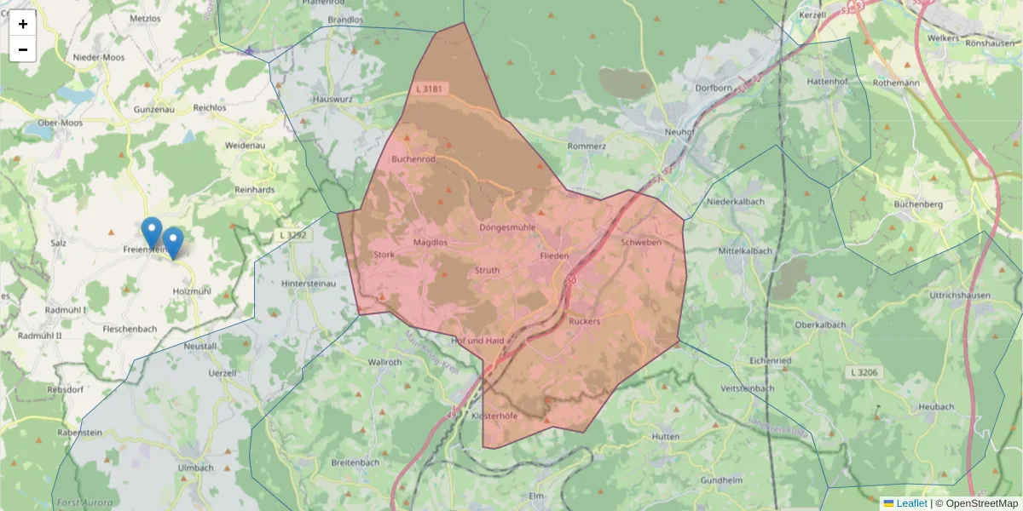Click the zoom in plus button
click(x=22, y=24)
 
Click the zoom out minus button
click(x=22, y=49)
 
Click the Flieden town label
click(x=554, y=255)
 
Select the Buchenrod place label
click(x=413, y=159)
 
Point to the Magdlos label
click(x=431, y=243)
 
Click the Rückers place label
click(x=584, y=321)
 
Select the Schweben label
click(x=641, y=243)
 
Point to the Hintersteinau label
click(x=309, y=283)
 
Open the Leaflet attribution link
click(x=911, y=503)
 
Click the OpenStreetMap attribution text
click(x=980, y=503)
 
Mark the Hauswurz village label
click(x=332, y=99)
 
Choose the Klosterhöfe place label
click(x=495, y=416)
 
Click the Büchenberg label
click(x=918, y=204)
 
